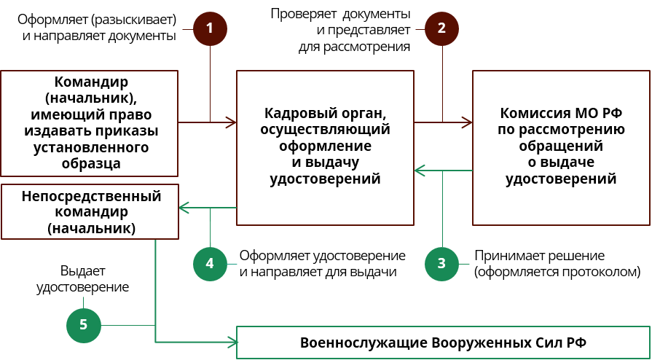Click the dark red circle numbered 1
(210, 28)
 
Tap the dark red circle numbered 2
(441, 28)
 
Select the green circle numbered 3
(441, 263)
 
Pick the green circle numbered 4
(210, 263)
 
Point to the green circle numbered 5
(84, 324)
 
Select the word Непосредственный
(91, 196)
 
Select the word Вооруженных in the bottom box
(479, 343)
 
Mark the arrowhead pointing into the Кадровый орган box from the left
(231, 122)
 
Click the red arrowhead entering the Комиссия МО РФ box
(466, 122)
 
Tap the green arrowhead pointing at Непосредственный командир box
(184, 208)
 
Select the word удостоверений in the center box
(326, 179)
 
